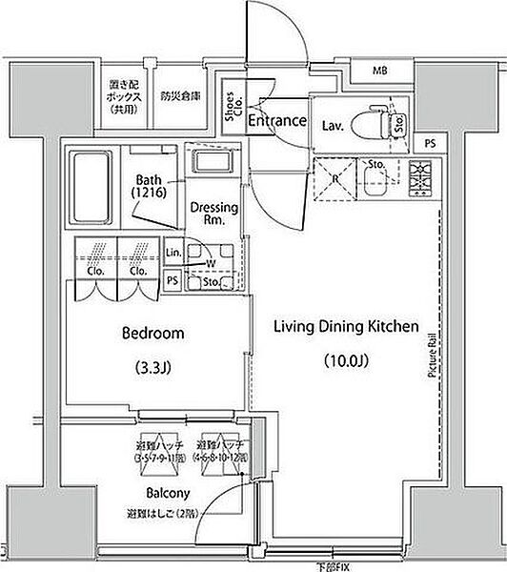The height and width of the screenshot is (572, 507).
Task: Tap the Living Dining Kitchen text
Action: pyautogui.click(x=347, y=327)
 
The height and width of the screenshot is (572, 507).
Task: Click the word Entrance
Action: pyautogui.click(x=277, y=121)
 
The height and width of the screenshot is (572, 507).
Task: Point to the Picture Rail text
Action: pyautogui.click(x=432, y=353)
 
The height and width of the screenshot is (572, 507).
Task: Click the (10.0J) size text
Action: pyautogui.click(x=346, y=362)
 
